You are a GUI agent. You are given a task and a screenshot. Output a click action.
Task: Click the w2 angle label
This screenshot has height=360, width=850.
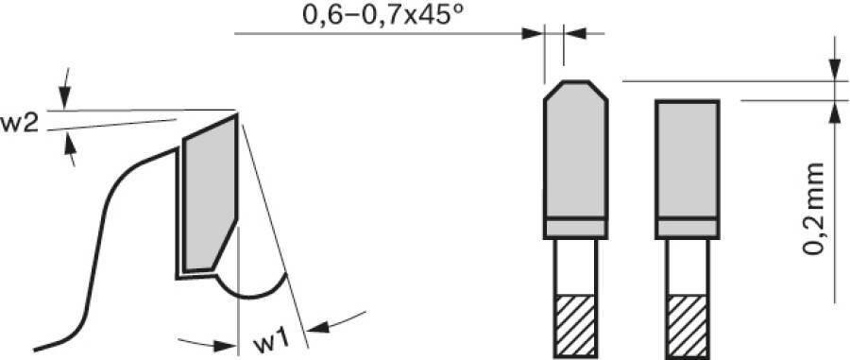(19, 124)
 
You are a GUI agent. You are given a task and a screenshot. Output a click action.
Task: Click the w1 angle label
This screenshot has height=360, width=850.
(269, 341)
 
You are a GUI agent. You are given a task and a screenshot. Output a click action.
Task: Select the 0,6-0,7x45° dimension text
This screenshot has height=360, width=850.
(383, 14)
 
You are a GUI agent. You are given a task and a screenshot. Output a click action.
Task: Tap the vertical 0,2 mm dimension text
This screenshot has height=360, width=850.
(813, 208)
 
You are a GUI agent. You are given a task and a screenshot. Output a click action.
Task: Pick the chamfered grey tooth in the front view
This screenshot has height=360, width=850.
(575, 149)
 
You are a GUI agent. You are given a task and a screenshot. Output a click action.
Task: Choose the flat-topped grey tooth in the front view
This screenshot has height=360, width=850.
(687, 160)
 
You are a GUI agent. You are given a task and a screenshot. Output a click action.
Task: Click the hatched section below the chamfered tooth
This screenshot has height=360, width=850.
(575, 326)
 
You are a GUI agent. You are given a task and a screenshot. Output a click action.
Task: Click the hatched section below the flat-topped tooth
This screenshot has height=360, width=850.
(687, 326)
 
